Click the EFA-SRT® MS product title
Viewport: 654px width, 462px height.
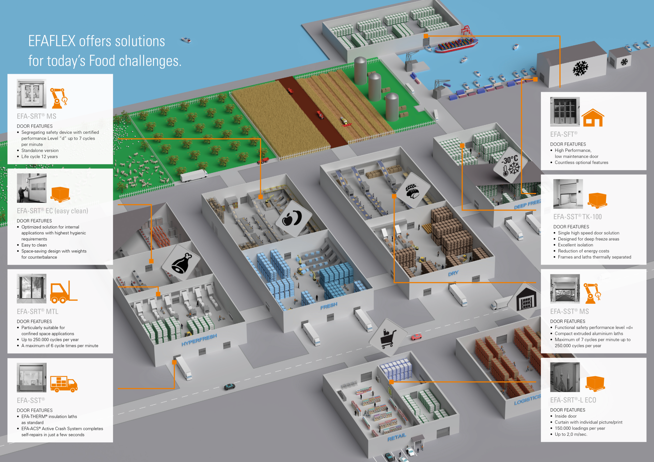(x=36, y=116)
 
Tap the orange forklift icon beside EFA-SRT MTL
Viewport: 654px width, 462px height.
(x=64, y=292)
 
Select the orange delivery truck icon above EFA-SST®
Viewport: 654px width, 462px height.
(x=64, y=384)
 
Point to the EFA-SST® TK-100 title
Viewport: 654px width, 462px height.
(x=577, y=217)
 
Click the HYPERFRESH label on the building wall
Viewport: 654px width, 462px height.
(x=199, y=340)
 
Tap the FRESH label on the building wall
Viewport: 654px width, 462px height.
(x=329, y=306)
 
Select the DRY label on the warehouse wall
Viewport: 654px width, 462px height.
(x=453, y=274)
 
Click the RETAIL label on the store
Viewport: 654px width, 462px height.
(x=397, y=437)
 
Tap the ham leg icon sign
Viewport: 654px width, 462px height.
(x=182, y=263)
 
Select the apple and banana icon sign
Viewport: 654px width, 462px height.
(x=292, y=218)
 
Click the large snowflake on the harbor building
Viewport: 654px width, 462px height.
(x=580, y=68)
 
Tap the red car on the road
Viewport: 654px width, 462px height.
(x=416, y=337)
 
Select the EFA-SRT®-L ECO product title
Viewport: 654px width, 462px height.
(x=573, y=400)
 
